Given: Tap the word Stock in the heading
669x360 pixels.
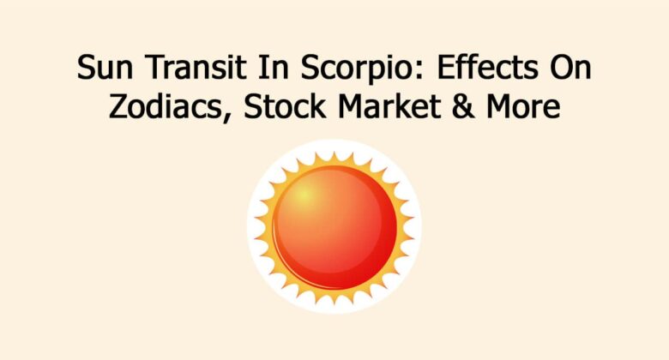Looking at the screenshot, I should [262, 109].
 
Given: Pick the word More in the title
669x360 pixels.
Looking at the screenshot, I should [498, 109].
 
